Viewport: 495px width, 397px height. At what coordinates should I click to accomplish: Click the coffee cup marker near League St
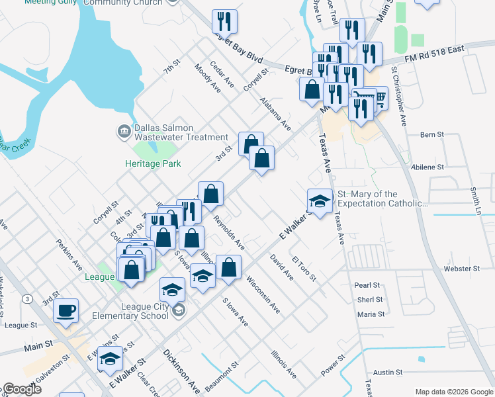pyautogui.click(x=66, y=310)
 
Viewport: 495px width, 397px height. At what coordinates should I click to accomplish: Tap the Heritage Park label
pyautogui.click(x=153, y=163)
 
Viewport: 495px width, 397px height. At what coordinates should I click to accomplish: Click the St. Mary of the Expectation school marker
pyautogui.click(x=320, y=202)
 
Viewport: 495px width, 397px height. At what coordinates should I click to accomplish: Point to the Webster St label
pyautogui.click(x=462, y=269)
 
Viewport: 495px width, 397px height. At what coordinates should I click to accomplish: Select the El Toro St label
pyautogui.click(x=305, y=266)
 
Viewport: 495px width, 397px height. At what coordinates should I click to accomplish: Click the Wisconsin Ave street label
pyautogui.click(x=263, y=295)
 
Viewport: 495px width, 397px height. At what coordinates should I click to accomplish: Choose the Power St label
pyautogui.click(x=333, y=365)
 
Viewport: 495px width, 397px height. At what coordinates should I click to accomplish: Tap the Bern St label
pyautogui.click(x=431, y=134)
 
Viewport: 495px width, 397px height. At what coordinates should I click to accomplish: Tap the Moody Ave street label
pyautogui.click(x=207, y=78)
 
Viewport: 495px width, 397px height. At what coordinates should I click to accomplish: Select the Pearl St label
pyautogui.click(x=367, y=285)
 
